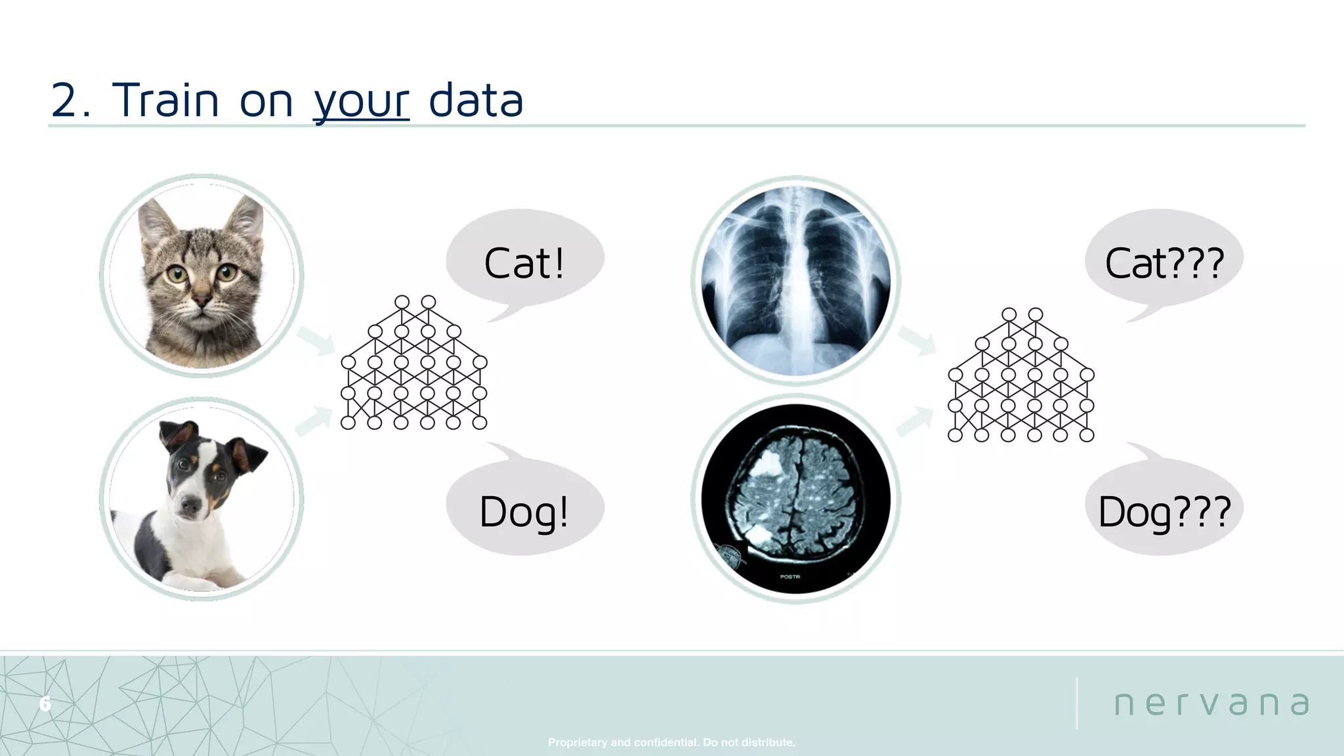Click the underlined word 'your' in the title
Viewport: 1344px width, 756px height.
click(x=362, y=102)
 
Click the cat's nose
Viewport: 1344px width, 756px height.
click(x=202, y=301)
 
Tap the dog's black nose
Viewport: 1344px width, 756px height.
click(x=191, y=506)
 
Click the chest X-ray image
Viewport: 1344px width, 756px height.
click(x=795, y=281)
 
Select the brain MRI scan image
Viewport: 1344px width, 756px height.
click(x=795, y=499)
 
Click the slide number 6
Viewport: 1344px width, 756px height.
click(x=45, y=704)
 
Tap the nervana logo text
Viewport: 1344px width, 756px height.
click(x=1211, y=703)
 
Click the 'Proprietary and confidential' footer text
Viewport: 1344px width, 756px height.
click(x=671, y=742)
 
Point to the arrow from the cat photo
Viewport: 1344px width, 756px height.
click(x=316, y=341)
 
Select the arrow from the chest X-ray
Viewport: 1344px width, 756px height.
click(x=917, y=341)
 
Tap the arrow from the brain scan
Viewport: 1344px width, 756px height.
click(x=915, y=421)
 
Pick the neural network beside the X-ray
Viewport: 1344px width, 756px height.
click(x=1021, y=375)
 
